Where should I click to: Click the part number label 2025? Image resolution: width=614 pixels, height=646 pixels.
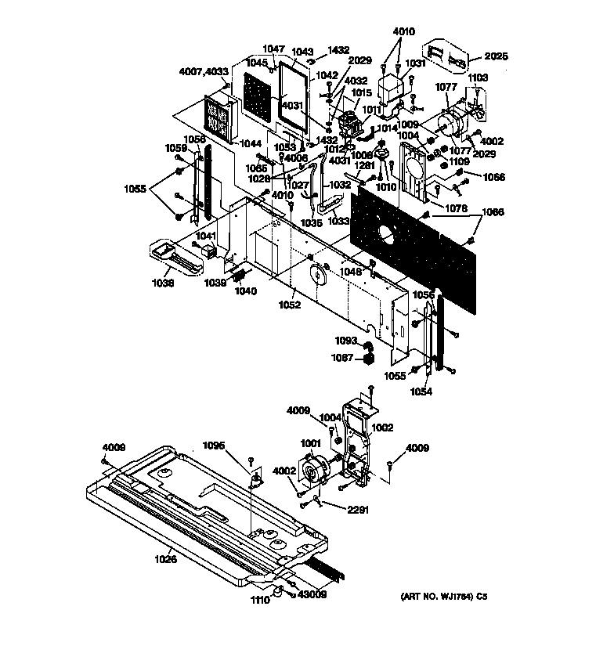[497, 56]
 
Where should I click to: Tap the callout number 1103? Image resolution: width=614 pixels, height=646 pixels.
[478, 78]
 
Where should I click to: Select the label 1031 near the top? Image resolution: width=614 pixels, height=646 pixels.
[414, 64]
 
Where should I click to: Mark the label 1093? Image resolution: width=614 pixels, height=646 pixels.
[346, 341]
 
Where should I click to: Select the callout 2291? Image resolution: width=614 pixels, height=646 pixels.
[358, 510]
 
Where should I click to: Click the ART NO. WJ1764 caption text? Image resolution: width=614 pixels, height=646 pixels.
[444, 597]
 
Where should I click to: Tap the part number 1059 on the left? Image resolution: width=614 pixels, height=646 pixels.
[175, 147]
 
